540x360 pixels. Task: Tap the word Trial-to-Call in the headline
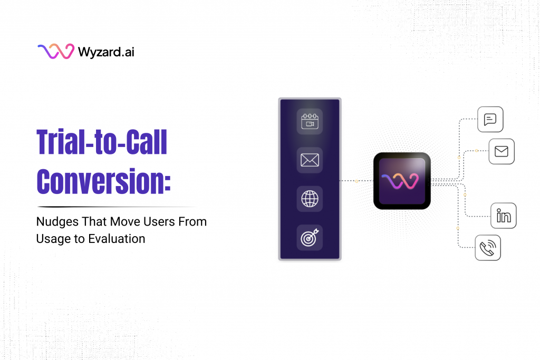point(101,142)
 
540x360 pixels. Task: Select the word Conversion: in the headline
point(103,180)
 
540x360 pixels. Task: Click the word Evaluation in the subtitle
point(119,239)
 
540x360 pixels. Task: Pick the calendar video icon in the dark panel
point(310,121)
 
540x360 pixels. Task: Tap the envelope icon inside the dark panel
point(310,160)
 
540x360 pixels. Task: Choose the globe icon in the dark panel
point(310,199)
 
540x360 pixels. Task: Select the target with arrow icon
point(310,238)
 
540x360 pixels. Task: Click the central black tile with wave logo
point(402,181)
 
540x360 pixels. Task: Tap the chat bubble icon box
point(490,120)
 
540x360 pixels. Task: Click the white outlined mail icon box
point(501,152)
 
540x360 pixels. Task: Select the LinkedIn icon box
point(503,216)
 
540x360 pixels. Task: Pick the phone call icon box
point(488,248)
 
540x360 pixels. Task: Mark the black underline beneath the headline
point(116,207)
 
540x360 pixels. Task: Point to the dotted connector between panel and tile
point(356,181)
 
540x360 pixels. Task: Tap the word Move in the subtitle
point(123,222)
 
